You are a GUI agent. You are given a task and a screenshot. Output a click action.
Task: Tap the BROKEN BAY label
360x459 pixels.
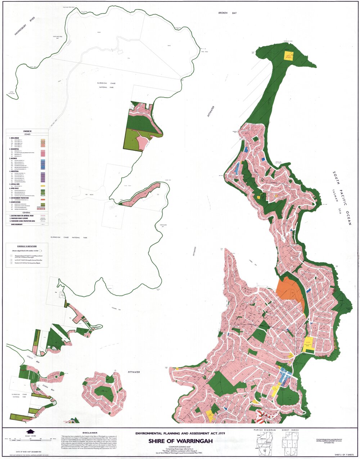tap(227, 13)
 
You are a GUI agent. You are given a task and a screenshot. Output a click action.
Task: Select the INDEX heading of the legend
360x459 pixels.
tap(27, 131)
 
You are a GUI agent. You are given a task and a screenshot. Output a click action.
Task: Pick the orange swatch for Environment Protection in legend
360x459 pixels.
tap(43, 199)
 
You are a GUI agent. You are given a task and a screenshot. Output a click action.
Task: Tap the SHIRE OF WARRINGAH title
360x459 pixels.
tap(179, 441)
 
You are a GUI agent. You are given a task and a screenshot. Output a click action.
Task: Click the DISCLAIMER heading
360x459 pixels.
tap(90, 433)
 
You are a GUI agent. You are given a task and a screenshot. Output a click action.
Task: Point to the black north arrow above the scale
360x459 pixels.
tap(30, 431)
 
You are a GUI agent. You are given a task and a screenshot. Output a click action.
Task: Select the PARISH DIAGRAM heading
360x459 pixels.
tap(265, 430)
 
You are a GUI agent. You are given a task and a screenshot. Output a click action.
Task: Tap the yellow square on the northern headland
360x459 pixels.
tap(289, 55)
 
